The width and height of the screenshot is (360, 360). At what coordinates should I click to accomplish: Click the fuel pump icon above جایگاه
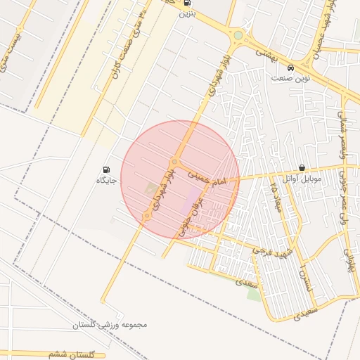[106, 169]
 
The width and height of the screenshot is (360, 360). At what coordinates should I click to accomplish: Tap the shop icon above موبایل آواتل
[302, 169]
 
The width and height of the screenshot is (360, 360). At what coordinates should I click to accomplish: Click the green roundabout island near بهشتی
[238, 35]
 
